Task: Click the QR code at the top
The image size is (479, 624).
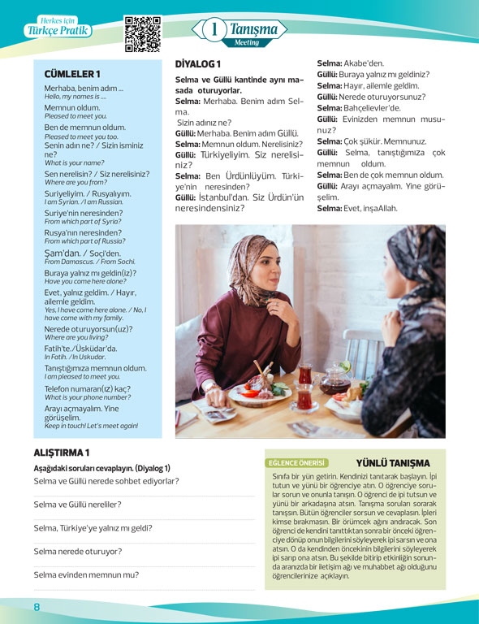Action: click(x=143, y=33)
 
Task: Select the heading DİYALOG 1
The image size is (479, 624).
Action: click(x=198, y=63)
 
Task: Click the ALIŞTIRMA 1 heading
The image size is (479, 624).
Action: click(x=62, y=452)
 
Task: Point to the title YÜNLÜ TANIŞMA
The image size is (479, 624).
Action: click(x=392, y=462)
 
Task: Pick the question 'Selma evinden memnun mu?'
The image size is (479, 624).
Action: click(x=86, y=574)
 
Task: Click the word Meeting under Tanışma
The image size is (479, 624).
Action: click(x=247, y=41)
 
